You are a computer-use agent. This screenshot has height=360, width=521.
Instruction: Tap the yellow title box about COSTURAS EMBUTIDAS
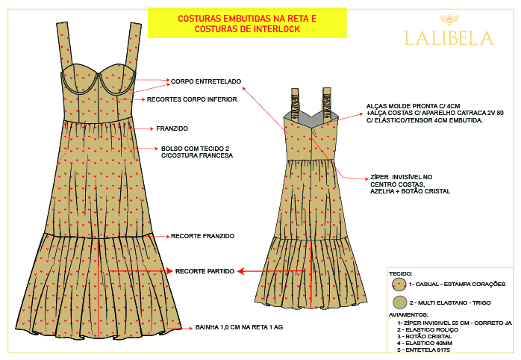tap(247, 23)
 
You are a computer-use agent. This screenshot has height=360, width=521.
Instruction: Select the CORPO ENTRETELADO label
tap(206, 81)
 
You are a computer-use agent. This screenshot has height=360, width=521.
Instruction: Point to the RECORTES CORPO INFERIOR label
tap(192, 99)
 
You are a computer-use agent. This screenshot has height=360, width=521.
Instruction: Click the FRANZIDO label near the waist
tap(172, 128)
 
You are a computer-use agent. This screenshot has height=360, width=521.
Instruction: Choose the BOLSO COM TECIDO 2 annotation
tap(197, 152)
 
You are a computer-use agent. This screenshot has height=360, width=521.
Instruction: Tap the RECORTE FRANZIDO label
tap(202, 236)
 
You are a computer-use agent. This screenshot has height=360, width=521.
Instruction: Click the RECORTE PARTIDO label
tap(205, 270)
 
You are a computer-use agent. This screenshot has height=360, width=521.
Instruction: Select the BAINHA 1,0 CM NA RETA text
tap(238, 326)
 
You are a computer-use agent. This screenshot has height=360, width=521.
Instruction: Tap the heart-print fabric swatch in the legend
tap(399, 285)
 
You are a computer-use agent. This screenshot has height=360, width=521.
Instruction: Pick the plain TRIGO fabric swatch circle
tap(399, 302)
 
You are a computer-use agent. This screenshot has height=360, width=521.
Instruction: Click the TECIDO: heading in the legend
tap(402, 274)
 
